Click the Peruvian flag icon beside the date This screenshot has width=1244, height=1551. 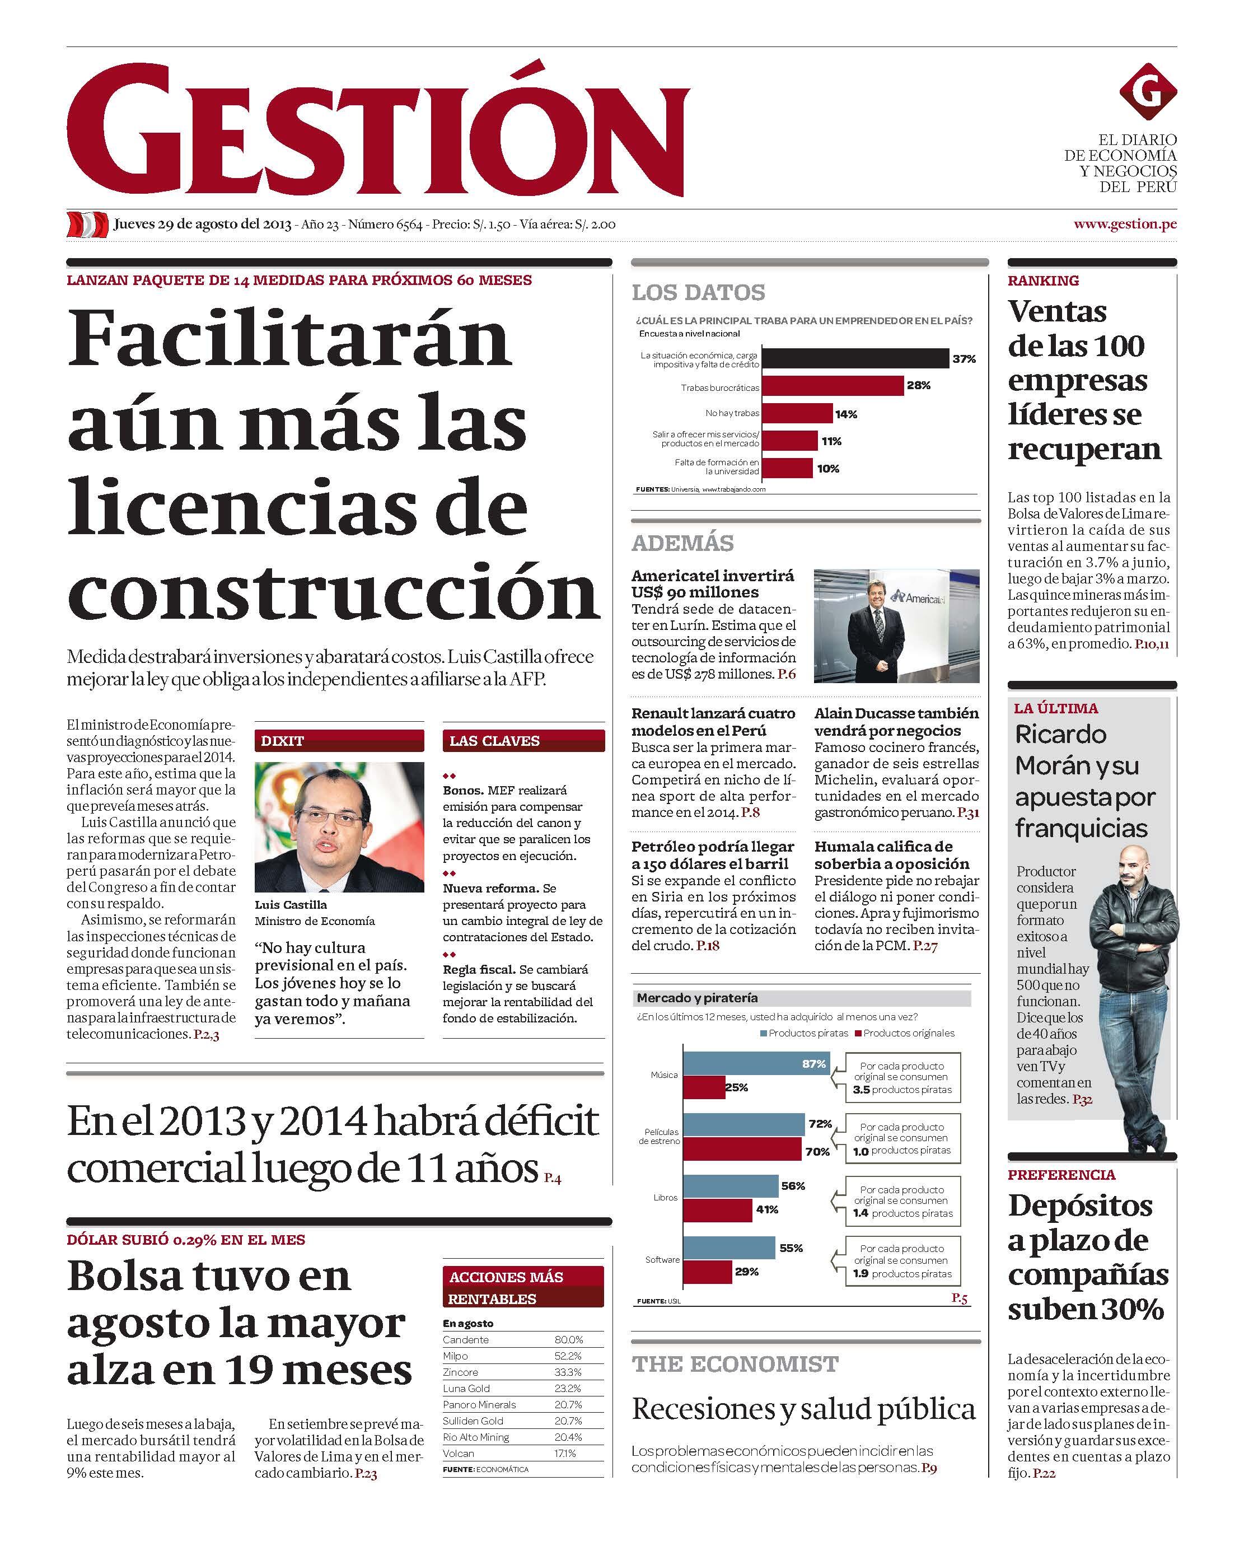tap(88, 225)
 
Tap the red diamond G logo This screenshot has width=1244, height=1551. tap(1148, 92)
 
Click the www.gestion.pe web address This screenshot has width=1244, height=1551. tap(1125, 224)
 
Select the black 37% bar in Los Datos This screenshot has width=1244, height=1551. tap(855, 358)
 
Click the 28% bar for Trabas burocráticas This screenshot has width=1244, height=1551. tap(832, 386)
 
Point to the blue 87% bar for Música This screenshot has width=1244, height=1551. tap(756, 1064)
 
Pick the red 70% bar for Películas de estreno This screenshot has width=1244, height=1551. tap(742, 1151)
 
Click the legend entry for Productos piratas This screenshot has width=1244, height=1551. tap(803, 1033)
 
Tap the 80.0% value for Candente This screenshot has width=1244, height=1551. tap(568, 1339)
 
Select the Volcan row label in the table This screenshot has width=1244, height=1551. tap(459, 1453)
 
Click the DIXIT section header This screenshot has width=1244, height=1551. tap(282, 741)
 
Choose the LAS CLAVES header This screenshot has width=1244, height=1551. tap(494, 741)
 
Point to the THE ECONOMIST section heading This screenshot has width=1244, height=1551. tap(735, 1364)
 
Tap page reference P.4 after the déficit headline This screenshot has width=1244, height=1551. tap(552, 1178)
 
